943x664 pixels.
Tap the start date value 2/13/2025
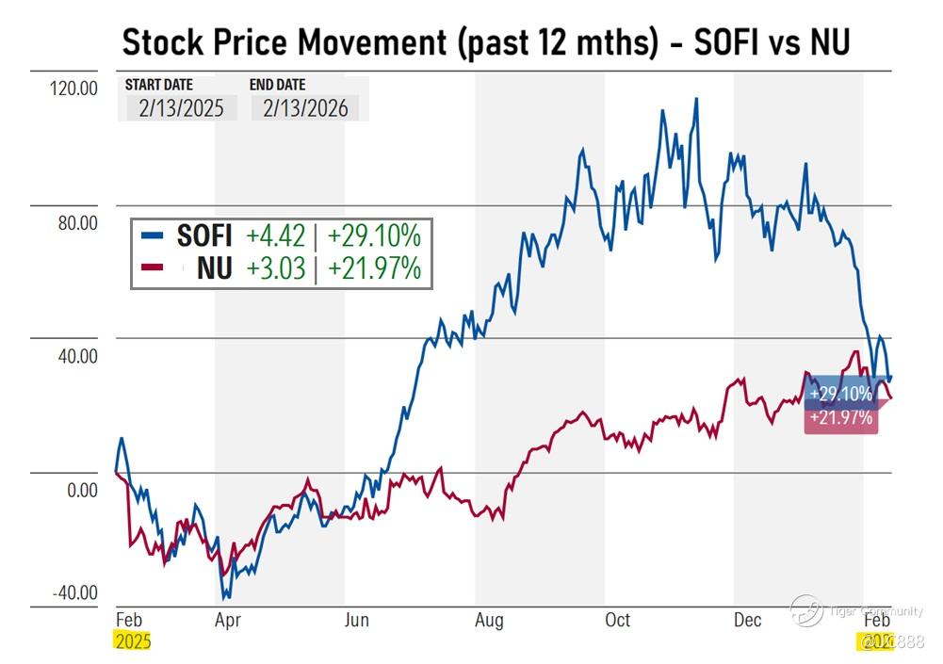click(181, 107)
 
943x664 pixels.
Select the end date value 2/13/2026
click(305, 107)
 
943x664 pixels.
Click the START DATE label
click(158, 85)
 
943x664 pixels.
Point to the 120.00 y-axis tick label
click(73, 89)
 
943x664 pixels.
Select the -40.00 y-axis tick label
click(74, 592)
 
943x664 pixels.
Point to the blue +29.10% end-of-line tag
click(839, 395)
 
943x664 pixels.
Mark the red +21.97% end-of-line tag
click(839, 418)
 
